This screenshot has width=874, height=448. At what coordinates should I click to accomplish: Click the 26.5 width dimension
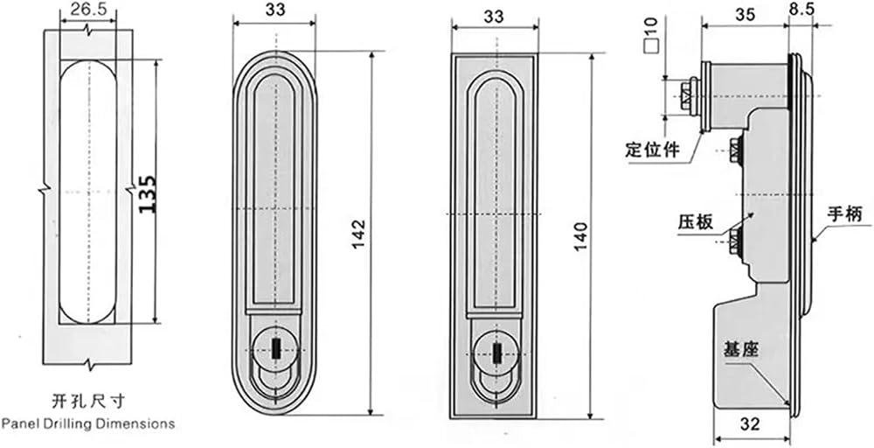point(87,9)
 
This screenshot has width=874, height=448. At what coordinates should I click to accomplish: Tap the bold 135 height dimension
point(147,193)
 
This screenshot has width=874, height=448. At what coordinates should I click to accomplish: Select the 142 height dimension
point(358,234)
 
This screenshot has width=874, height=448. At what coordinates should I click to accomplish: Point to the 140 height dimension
point(581,236)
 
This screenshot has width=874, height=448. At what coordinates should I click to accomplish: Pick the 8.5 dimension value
point(801,10)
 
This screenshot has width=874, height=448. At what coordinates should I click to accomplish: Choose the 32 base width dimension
point(751,424)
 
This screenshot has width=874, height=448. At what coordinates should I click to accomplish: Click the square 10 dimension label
point(650,35)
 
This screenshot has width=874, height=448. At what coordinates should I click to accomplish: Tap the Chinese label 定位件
point(653,150)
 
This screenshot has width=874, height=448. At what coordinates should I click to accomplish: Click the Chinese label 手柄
point(844,214)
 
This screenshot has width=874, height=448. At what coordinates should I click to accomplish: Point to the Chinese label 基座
point(742,350)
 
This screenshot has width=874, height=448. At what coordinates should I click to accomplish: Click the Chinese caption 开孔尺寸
point(88,401)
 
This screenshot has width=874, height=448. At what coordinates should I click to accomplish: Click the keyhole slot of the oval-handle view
point(275,350)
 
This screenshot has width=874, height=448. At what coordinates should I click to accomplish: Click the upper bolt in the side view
point(736,150)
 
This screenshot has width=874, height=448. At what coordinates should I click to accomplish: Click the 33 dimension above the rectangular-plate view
point(495,17)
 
